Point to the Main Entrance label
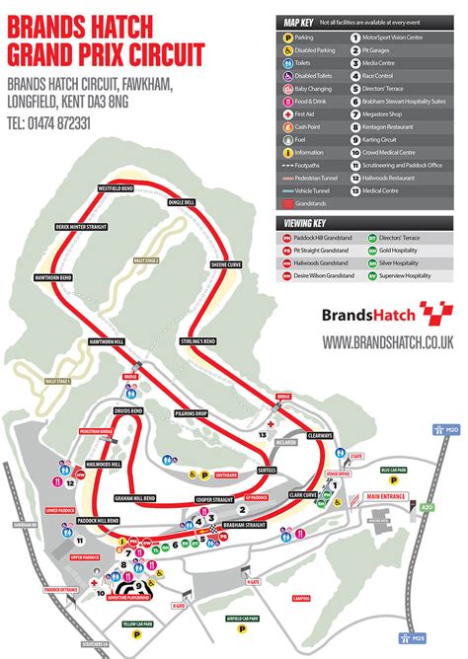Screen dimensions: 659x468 (387, 495)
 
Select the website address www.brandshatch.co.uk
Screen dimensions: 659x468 (387, 341)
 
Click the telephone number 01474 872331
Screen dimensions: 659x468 (48, 123)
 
